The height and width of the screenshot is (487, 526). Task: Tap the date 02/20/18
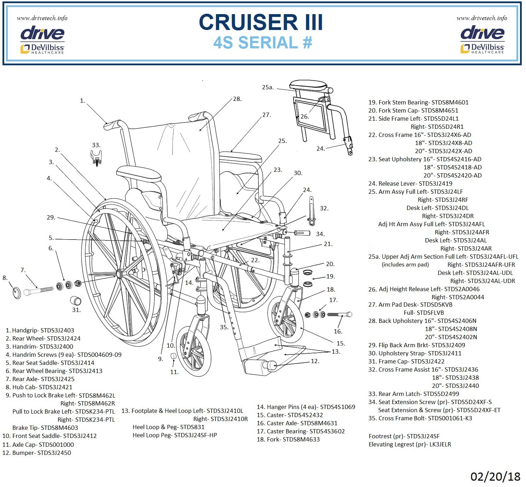pyautogui.click(x=495, y=476)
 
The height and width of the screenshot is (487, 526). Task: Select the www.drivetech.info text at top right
pyautogui.click(x=481, y=18)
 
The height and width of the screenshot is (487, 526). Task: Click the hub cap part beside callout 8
pyautogui.click(x=17, y=293)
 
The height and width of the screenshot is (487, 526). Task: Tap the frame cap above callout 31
pyautogui.click(x=76, y=301)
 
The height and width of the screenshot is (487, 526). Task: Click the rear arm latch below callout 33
pyautogui.click(x=96, y=158)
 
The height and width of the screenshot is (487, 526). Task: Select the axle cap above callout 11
pyautogui.click(x=173, y=355)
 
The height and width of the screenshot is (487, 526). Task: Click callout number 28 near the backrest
pyautogui.click(x=237, y=99)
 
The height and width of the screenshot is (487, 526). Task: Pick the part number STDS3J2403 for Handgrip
pyautogui.click(x=57, y=330)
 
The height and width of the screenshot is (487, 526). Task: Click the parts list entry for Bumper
pyautogui.click(x=37, y=453)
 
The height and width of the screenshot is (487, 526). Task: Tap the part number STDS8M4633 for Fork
pyautogui.click(x=301, y=439)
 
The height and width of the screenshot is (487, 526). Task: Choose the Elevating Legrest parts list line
pyautogui.click(x=410, y=444)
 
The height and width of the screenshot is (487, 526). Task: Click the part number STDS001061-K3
pyautogui.click(x=450, y=418)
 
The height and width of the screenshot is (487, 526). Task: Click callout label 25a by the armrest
pyautogui.click(x=268, y=87)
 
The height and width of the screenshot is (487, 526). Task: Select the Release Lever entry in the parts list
pyautogui.click(x=410, y=184)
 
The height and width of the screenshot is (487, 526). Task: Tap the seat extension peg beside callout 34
pyautogui.click(x=301, y=233)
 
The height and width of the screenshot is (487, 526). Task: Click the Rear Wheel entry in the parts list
pyautogui.click(x=43, y=338)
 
